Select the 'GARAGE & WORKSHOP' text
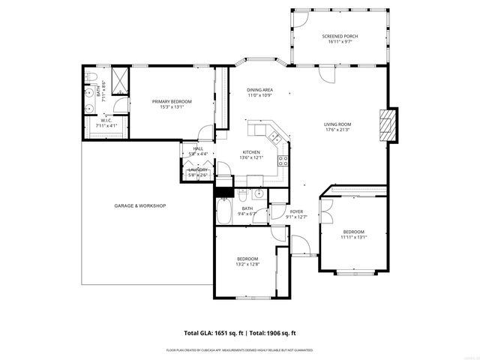(x=139, y=205)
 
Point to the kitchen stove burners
(x=283, y=159)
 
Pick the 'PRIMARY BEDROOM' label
(x=172, y=101)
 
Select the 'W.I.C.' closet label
(x=106, y=120)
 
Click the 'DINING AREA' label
(x=259, y=90)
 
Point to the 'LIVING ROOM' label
(x=337, y=124)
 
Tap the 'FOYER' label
(x=296, y=212)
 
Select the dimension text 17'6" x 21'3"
(x=337, y=130)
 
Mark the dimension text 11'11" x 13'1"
(x=353, y=238)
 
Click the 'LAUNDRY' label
(x=198, y=169)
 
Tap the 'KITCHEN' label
(x=250, y=151)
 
